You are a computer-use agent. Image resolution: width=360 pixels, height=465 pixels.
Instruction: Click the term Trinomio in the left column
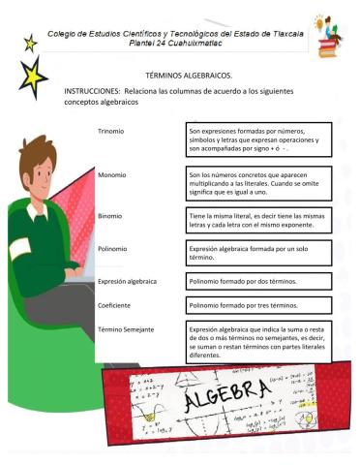111,130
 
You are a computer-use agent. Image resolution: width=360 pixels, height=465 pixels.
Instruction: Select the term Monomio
112,174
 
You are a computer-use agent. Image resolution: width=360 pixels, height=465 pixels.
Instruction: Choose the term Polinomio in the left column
113,249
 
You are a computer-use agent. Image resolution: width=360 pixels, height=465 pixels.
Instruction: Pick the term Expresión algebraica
127,282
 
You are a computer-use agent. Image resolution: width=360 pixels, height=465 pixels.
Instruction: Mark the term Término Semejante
125,330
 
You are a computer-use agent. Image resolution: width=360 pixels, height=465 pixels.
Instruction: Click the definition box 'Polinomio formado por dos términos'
257,282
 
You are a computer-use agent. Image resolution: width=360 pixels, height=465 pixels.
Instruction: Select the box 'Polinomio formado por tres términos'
257,306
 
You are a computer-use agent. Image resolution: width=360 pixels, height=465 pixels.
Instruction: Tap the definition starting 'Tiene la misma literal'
257,221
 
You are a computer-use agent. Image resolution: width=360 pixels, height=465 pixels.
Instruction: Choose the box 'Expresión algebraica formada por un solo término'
257,253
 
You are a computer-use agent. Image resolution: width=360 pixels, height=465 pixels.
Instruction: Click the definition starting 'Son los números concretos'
257,182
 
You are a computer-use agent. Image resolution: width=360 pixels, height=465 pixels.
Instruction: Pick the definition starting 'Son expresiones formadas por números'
257,139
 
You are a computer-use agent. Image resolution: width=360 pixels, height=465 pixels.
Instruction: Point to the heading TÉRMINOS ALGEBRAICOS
188,75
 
